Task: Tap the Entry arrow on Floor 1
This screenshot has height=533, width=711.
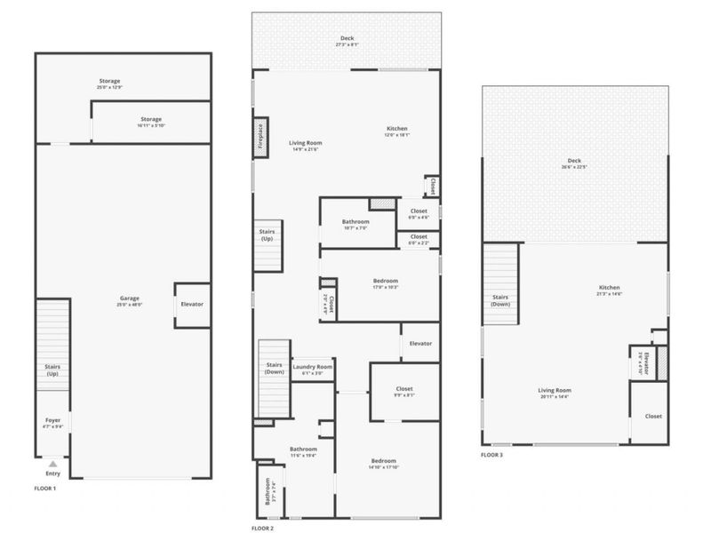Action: pos(53,464)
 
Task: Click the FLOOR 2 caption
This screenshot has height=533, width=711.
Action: pos(262,529)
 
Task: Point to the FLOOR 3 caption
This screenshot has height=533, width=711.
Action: pos(491,455)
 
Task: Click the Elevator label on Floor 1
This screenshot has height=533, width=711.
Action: pos(192,305)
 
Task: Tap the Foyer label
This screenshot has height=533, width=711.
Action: pos(53,420)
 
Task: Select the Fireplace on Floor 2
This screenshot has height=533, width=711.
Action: pos(260,139)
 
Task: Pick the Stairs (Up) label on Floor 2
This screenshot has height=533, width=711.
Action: pos(267,235)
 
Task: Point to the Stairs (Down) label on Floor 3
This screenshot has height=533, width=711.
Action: pos(500,299)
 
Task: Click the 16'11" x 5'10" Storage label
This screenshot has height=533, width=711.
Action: pos(151,119)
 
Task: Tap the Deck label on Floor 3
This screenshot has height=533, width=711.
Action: pos(575,162)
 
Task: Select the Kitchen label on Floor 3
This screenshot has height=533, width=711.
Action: pos(609,288)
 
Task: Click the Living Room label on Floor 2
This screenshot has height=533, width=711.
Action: pos(306,143)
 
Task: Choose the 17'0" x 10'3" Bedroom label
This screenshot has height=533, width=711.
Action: pos(385,282)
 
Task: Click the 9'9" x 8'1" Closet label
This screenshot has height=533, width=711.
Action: pos(404,389)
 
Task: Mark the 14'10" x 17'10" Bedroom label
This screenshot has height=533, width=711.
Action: pos(383,461)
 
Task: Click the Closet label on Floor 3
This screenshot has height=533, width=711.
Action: pos(653,416)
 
